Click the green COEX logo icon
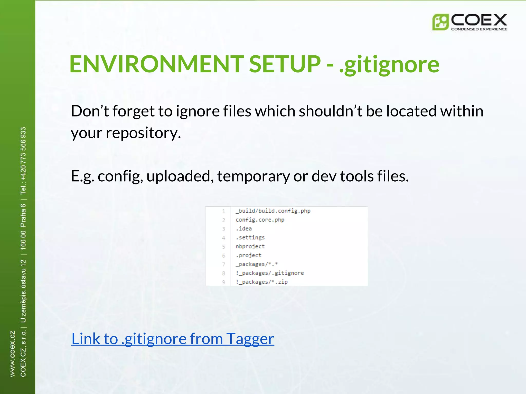tap(440, 22)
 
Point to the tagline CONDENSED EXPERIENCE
tap(479, 29)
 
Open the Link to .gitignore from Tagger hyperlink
tap(173, 339)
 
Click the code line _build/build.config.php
tap(273, 211)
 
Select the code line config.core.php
tap(260, 220)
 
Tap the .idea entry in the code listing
tap(244, 229)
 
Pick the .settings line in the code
tap(250, 238)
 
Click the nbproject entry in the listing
tap(250, 247)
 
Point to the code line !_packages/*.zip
tap(262, 282)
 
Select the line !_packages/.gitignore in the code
tap(270, 273)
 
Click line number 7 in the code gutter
tap(224, 264)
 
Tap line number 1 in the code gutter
tap(224, 211)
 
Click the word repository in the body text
tap(143, 133)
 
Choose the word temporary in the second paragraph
tap(253, 176)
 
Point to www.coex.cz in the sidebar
tap(12, 354)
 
